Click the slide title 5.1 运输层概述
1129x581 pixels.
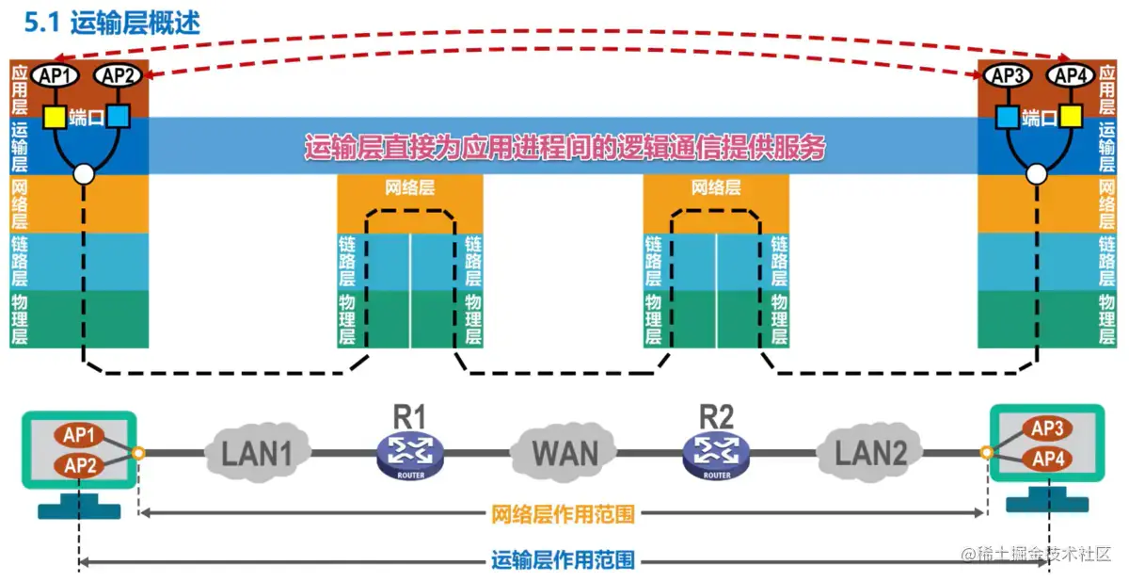click(112, 22)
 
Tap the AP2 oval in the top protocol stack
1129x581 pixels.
click(119, 75)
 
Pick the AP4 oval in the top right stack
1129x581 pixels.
click(1070, 75)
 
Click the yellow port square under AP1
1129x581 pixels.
click(55, 117)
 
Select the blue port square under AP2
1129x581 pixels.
click(119, 117)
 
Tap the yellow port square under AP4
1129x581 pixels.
click(1070, 117)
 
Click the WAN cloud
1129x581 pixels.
click(564, 453)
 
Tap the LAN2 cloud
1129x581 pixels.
click(871, 453)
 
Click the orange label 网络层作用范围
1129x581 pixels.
click(563, 514)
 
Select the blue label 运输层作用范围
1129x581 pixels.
click(563, 561)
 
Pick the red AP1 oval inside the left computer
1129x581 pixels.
click(80, 436)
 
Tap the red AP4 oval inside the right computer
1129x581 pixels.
click(1047, 460)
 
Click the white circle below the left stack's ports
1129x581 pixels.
click(85, 173)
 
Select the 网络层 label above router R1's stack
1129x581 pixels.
click(410, 187)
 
